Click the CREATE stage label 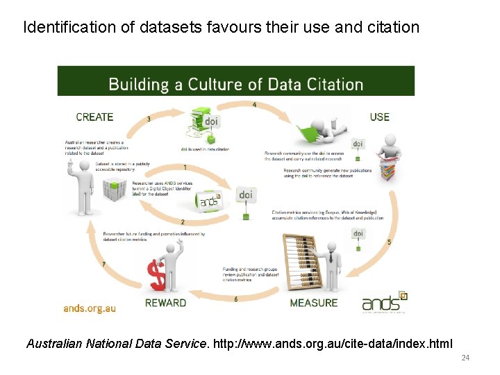click(x=94, y=117)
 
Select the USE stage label click(x=380, y=117)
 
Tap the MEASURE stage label click(x=314, y=303)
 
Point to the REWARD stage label click(x=165, y=303)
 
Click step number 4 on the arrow click(x=254, y=105)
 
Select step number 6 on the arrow click(x=236, y=299)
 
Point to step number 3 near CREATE click(x=149, y=119)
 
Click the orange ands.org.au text click(x=90, y=308)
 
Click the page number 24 click(x=465, y=358)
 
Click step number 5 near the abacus click(x=389, y=242)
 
